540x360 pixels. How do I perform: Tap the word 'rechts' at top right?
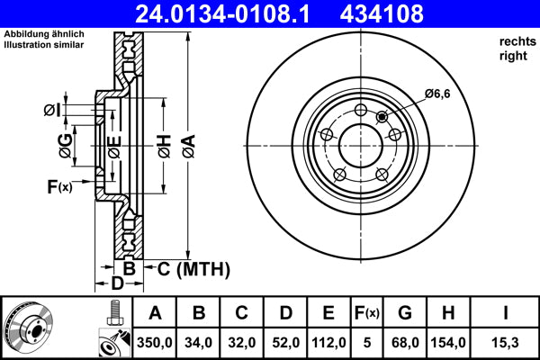515,42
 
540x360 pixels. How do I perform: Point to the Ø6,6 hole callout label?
437,94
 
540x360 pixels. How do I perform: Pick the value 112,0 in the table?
328,342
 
